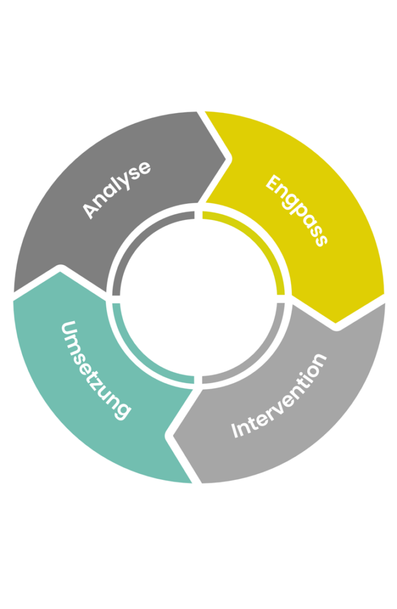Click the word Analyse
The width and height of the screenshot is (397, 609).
point(116,189)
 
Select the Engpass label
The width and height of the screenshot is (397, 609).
point(296,210)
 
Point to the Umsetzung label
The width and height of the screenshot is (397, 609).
point(96,369)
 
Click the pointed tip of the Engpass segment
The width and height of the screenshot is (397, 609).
point(336,323)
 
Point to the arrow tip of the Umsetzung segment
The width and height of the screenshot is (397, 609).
point(59,271)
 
